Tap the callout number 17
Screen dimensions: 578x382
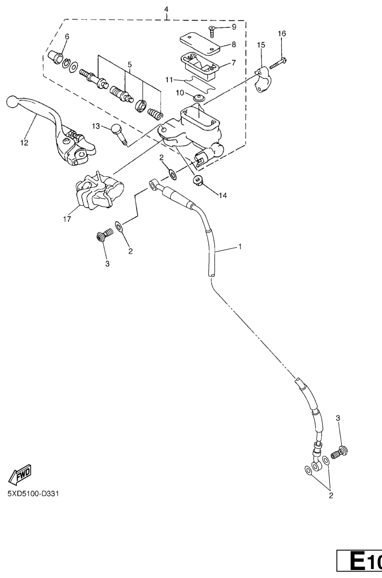click(x=67, y=218)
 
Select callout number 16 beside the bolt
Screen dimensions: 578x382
click(x=282, y=33)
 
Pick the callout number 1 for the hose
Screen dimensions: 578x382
click(x=241, y=247)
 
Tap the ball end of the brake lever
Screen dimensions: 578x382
click(x=12, y=103)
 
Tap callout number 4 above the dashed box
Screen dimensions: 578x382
click(x=166, y=9)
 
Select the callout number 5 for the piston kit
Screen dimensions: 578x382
click(x=129, y=64)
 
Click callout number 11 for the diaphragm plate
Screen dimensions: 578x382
click(x=169, y=79)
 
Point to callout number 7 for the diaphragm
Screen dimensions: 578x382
click(x=234, y=64)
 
